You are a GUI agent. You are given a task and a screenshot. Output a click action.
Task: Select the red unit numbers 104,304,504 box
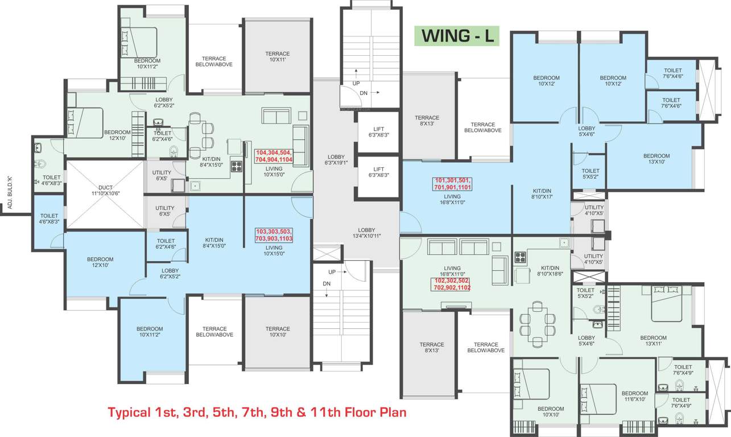click(274, 156)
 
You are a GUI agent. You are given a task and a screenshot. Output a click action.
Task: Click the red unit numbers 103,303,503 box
click(274, 235)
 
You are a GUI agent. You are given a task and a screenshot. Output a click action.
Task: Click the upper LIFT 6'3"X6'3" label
click(378, 132)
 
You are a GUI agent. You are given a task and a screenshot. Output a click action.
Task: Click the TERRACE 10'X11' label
click(277, 57)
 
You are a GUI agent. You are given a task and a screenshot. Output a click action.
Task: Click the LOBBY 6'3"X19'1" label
click(336, 160)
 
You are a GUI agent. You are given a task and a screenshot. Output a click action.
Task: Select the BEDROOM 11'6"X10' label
click(634, 397)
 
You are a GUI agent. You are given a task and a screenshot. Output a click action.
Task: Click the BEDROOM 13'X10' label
click(656, 159)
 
